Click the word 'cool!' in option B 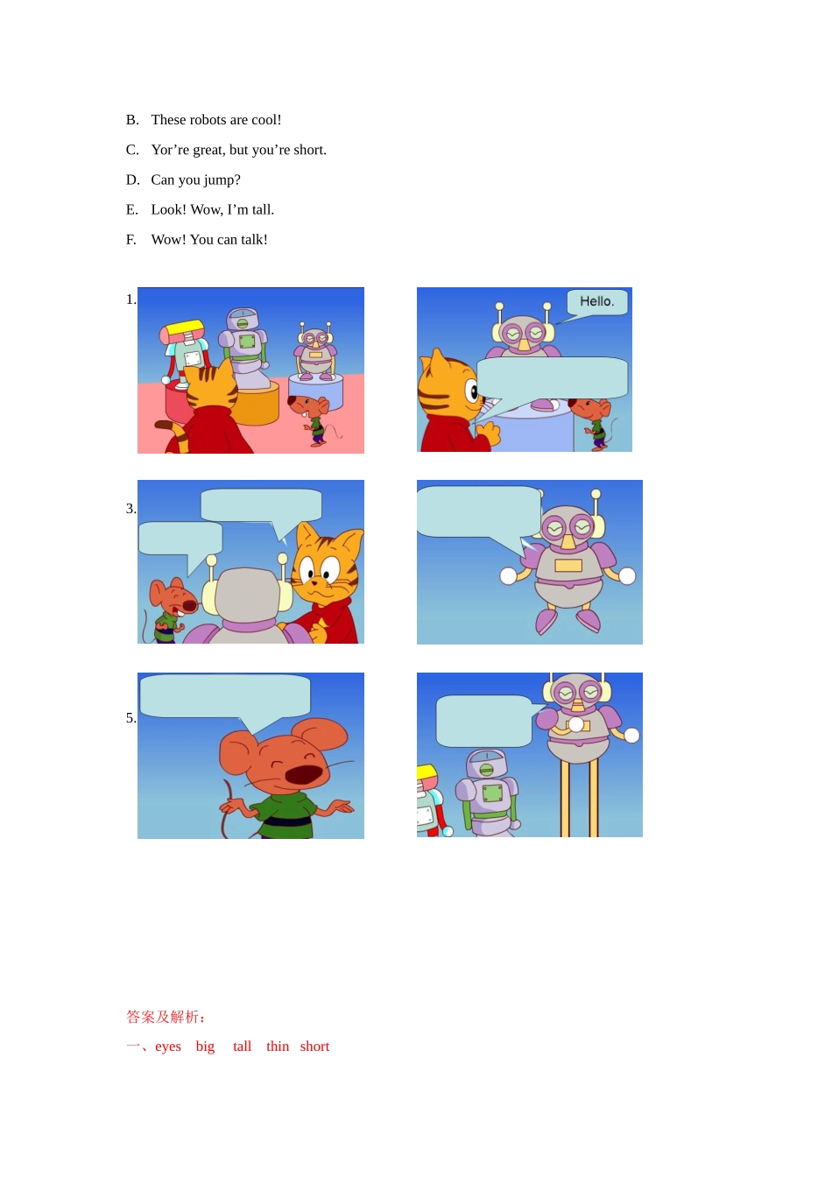[x=266, y=120]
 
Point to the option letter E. [x=131, y=209]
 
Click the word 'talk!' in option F [x=253, y=239]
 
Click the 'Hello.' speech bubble [x=597, y=302]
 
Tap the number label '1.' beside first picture [x=130, y=300]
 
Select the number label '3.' [x=130, y=509]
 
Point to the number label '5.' [x=130, y=718]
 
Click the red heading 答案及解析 [x=166, y=1017]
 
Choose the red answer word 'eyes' [x=168, y=1047]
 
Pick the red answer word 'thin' [x=278, y=1047]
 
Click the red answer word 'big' [x=205, y=1047]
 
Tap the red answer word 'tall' [x=243, y=1047]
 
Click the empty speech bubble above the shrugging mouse [x=225, y=696]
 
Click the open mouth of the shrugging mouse [x=303, y=774]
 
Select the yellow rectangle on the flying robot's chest [x=568, y=566]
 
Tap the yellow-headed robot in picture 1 [x=185, y=346]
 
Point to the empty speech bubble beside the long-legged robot [x=483, y=721]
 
